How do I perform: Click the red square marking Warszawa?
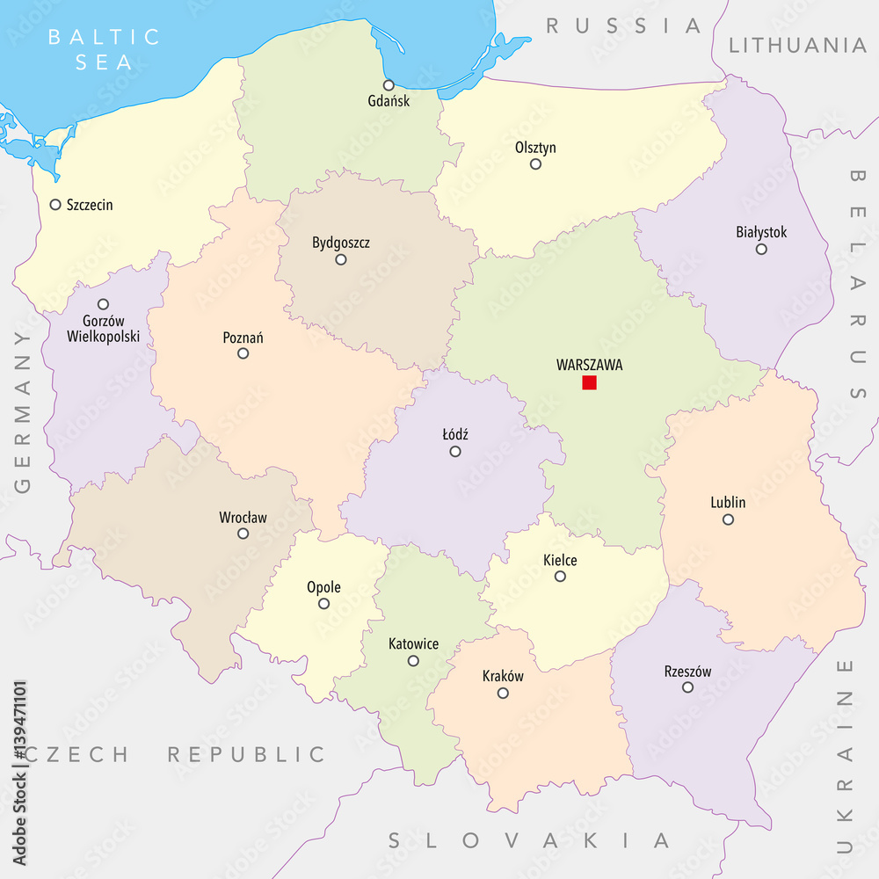(x=589, y=382)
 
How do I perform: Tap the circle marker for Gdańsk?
(x=389, y=85)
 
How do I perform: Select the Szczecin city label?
(x=90, y=205)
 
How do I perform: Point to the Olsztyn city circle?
(x=535, y=164)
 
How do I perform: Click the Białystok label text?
(x=761, y=233)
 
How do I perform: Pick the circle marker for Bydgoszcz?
(x=341, y=259)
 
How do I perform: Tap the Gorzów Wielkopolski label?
(x=103, y=328)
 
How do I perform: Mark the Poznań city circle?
(x=243, y=353)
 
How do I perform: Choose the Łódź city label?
(x=455, y=434)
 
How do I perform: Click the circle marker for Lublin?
(x=728, y=519)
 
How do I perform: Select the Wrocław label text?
(x=243, y=518)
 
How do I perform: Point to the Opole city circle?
(x=323, y=604)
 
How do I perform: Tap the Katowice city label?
(x=413, y=644)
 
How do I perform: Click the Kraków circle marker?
(x=503, y=693)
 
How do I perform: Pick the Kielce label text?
(x=560, y=560)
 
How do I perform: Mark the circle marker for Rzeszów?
(x=687, y=687)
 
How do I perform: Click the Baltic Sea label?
(x=105, y=49)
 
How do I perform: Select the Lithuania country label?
(x=797, y=45)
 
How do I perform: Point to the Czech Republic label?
(x=176, y=754)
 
